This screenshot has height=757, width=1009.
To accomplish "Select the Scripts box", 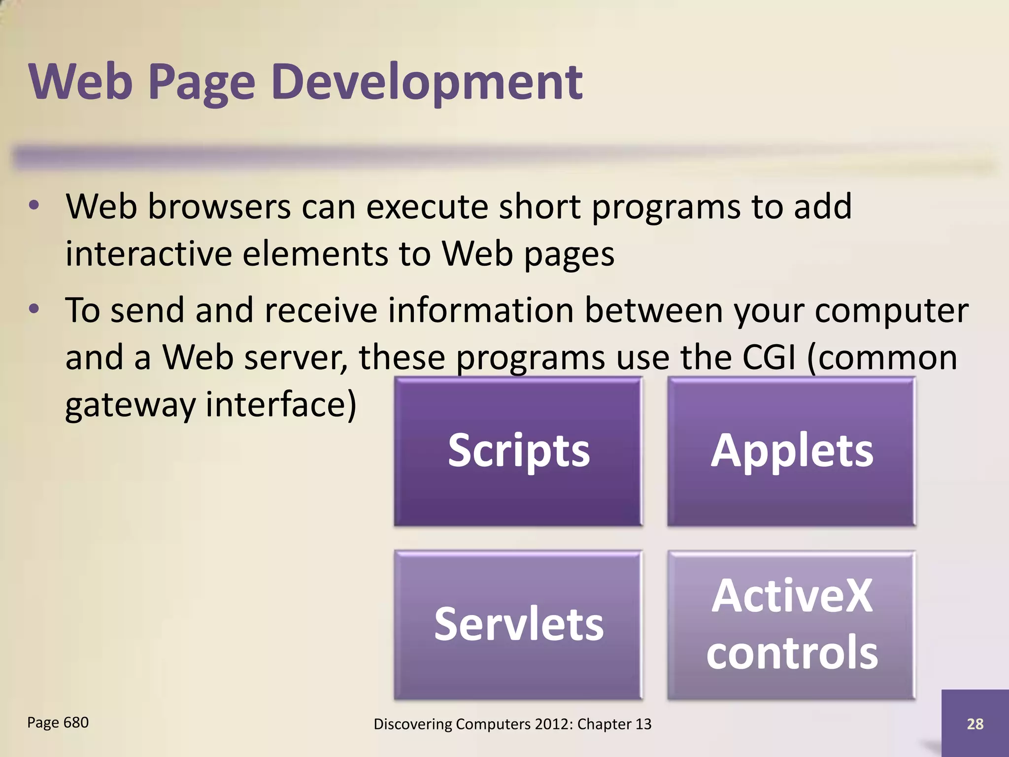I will pos(518,451).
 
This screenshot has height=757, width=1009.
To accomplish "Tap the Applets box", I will pos(792,451).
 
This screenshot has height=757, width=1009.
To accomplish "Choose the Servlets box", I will pos(518,624).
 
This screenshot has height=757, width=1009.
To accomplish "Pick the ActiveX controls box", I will pos(792,624).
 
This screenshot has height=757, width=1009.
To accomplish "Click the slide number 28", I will pos(975,723).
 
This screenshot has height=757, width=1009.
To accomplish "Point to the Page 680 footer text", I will pos(58,723).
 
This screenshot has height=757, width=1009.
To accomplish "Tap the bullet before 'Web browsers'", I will pos(34,206).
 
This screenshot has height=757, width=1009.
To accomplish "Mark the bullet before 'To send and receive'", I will pos(34,310).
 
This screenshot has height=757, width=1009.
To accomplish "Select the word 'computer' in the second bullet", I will pos(891,311).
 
